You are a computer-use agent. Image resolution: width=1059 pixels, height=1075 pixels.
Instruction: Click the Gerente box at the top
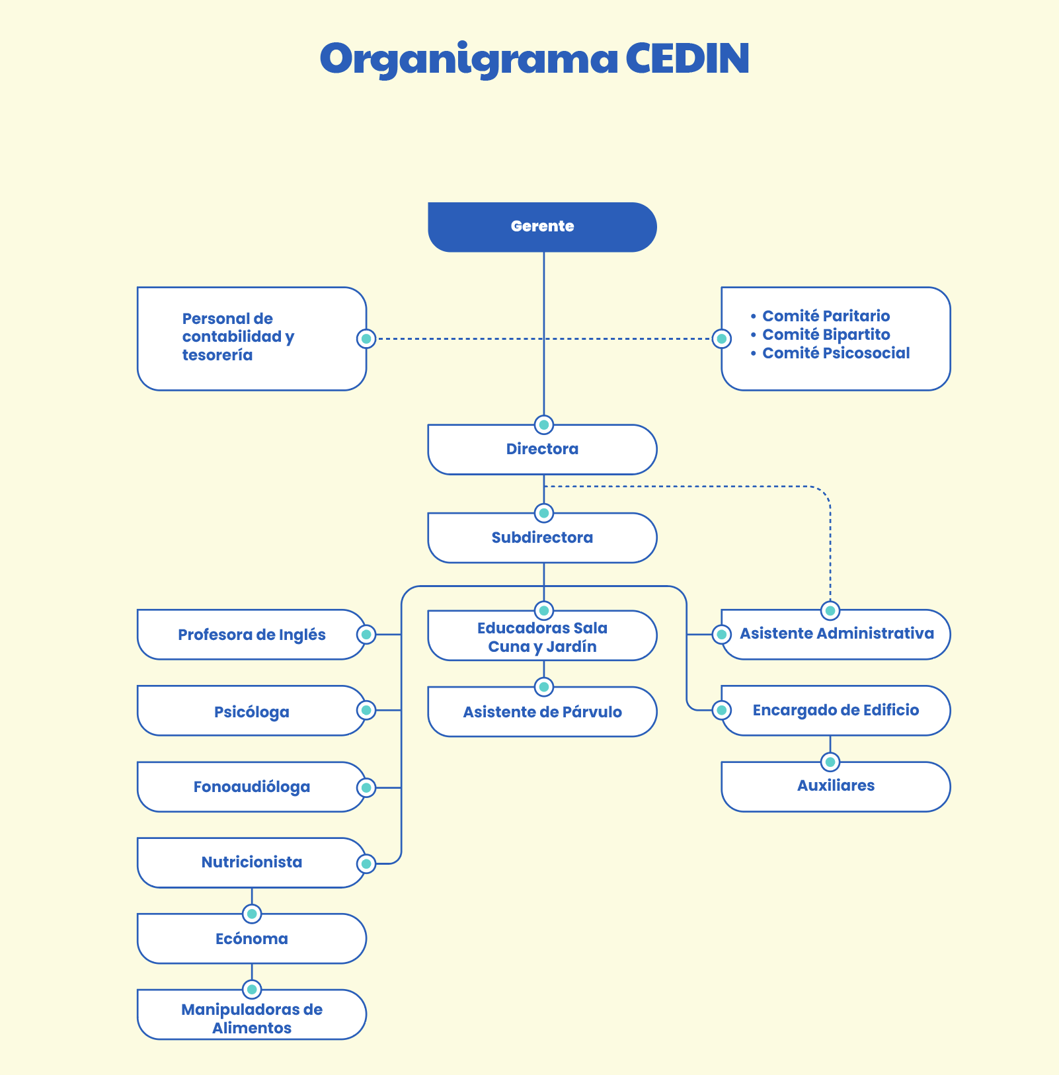(542, 227)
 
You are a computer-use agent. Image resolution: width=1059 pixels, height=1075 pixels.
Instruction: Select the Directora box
(542, 450)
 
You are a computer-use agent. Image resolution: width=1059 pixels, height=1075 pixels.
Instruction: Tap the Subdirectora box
(542, 538)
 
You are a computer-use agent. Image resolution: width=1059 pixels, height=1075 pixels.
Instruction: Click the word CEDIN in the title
(687, 59)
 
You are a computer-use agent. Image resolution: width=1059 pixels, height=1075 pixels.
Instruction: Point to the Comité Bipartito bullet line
(826, 335)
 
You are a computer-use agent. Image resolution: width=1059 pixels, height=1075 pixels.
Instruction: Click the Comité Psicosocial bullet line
(836, 353)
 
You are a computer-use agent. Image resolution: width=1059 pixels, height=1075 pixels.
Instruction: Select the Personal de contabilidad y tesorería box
(251, 338)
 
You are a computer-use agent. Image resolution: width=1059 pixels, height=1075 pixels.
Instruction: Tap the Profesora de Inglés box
(251, 635)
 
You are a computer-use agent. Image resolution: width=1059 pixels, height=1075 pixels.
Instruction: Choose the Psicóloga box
(251, 711)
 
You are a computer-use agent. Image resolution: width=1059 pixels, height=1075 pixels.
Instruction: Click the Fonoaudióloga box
(251, 787)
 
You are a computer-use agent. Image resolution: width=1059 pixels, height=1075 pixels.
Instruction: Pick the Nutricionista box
(251, 863)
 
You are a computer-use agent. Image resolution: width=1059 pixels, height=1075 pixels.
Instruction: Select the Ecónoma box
(251, 939)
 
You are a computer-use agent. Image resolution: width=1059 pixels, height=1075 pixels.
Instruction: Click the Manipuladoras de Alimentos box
(251, 1018)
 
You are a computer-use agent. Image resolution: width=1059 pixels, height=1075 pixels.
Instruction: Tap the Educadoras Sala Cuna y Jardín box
(542, 637)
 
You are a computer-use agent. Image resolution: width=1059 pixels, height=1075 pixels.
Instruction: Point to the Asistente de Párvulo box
(542, 713)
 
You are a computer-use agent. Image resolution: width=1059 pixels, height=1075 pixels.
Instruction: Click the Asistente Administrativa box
(836, 634)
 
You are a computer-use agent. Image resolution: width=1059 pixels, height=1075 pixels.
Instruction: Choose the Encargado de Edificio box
(836, 711)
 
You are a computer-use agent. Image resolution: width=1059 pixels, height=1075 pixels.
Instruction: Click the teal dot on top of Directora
(543, 424)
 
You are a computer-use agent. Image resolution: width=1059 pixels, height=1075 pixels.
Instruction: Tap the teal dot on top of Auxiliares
(830, 762)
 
